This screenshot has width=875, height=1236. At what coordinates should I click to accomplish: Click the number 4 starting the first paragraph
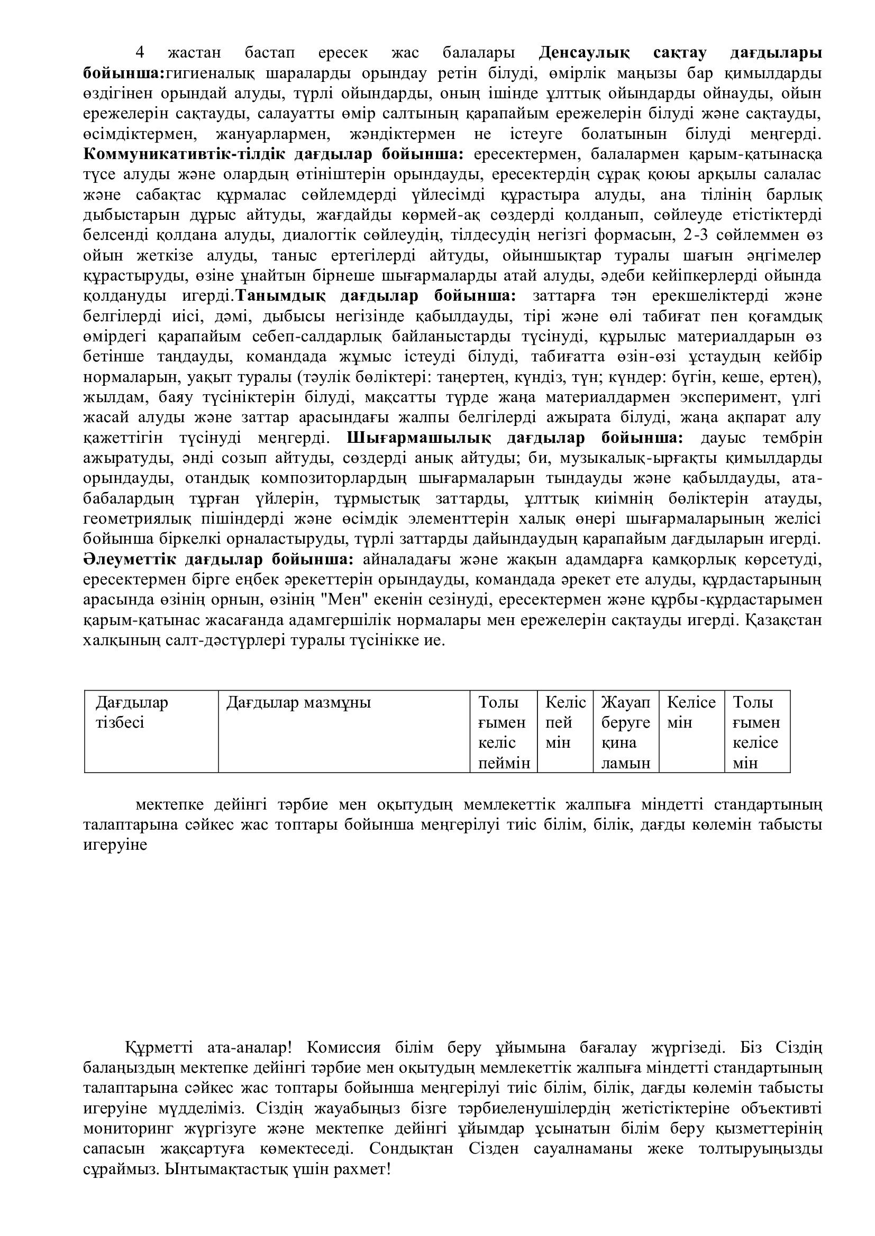(140, 53)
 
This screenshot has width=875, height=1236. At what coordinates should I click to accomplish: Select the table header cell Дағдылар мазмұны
(298, 702)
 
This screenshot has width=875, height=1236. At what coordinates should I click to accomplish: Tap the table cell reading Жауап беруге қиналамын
(625, 732)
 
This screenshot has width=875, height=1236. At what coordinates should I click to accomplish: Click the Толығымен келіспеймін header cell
(503, 732)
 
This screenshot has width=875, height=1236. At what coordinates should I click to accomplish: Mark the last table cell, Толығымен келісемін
(756, 732)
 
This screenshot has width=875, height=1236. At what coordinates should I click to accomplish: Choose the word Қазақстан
(785, 620)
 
